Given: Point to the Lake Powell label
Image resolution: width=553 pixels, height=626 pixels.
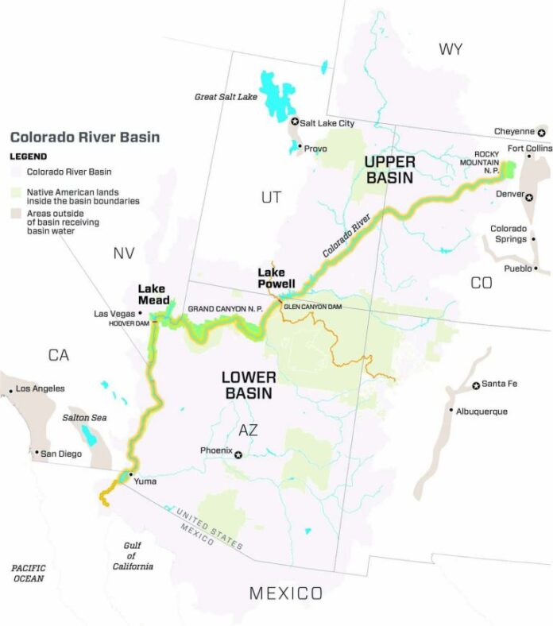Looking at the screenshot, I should (x=276, y=279).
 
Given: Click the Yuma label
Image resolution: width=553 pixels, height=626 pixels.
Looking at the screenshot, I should (x=146, y=481).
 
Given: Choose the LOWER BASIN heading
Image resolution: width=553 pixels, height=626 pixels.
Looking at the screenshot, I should (x=248, y=384).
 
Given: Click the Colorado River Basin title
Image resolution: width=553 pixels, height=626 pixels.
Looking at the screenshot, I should (x=84, y=137).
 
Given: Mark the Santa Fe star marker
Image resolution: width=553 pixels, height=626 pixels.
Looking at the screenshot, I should (x=476, y=385).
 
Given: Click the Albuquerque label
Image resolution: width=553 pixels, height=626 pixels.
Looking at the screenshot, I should (x=481, y=412).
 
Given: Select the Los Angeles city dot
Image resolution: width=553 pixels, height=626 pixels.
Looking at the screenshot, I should (x=9, y=389).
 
